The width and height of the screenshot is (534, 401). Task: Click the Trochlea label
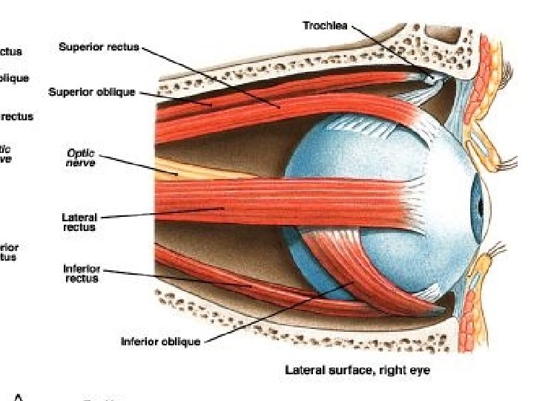click(x=326, y=25)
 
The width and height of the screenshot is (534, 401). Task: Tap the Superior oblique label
click(x=92, y=92)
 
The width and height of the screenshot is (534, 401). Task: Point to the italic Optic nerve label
click(x=81, y=157)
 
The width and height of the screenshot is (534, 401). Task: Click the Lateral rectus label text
click(x=79, y=222)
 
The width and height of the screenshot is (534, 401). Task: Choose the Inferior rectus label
click(x=81, y=273)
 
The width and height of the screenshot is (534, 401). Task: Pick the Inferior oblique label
click(x=160, y=342)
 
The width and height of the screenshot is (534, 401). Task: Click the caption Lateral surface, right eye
click(x=357, y=369)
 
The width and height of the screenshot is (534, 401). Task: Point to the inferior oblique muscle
click(x=349, y=267)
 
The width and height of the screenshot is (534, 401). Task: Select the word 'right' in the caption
click(x=394, y=369)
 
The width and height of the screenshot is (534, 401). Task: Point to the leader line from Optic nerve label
click(x=137, y=165)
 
